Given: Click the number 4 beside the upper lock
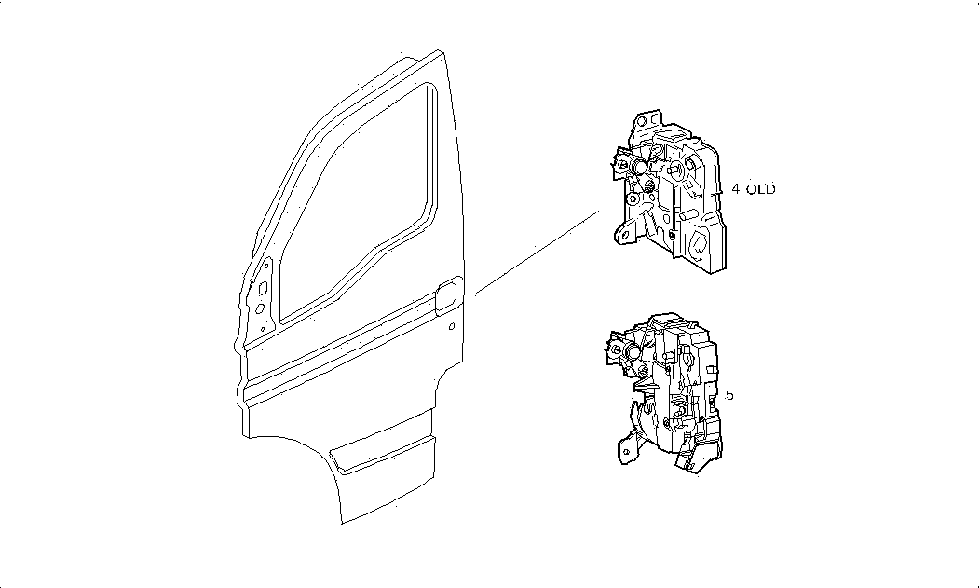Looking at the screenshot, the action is [736, 189].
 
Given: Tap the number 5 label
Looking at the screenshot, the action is [729, 395].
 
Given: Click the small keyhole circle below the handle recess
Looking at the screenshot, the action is [452, 326].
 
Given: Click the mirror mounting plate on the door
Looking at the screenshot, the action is [262, 296].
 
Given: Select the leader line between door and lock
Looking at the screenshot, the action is [538, 253].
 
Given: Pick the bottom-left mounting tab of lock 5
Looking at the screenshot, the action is [627, 451].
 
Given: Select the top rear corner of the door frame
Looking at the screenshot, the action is [441, 51].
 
